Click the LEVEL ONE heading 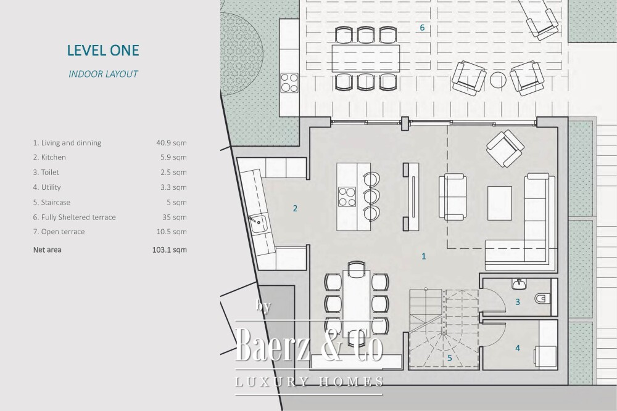click(x=103, y=51)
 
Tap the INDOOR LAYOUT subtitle click(x=103, y=74)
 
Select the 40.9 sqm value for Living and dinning click(x=171, y=142)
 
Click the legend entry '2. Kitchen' click(x=49, y=157)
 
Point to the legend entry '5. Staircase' click(x=52, y=202)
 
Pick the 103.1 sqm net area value click(x=170, y=250)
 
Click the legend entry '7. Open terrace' click(x=59, y=232)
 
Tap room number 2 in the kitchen click(x=295, y=208)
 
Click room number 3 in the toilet click(x=518, y=302)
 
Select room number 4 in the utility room click(x=518, y=348)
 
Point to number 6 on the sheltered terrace click(x=422, y=28)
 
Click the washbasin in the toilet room click(x=520, y=283)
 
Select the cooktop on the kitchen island click(x=347, y=197)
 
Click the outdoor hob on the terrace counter click(x=289, y=83)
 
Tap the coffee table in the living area click(x=500, y=203)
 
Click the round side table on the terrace click(x=498, y=79)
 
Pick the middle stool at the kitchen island click(x=371, y=196)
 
